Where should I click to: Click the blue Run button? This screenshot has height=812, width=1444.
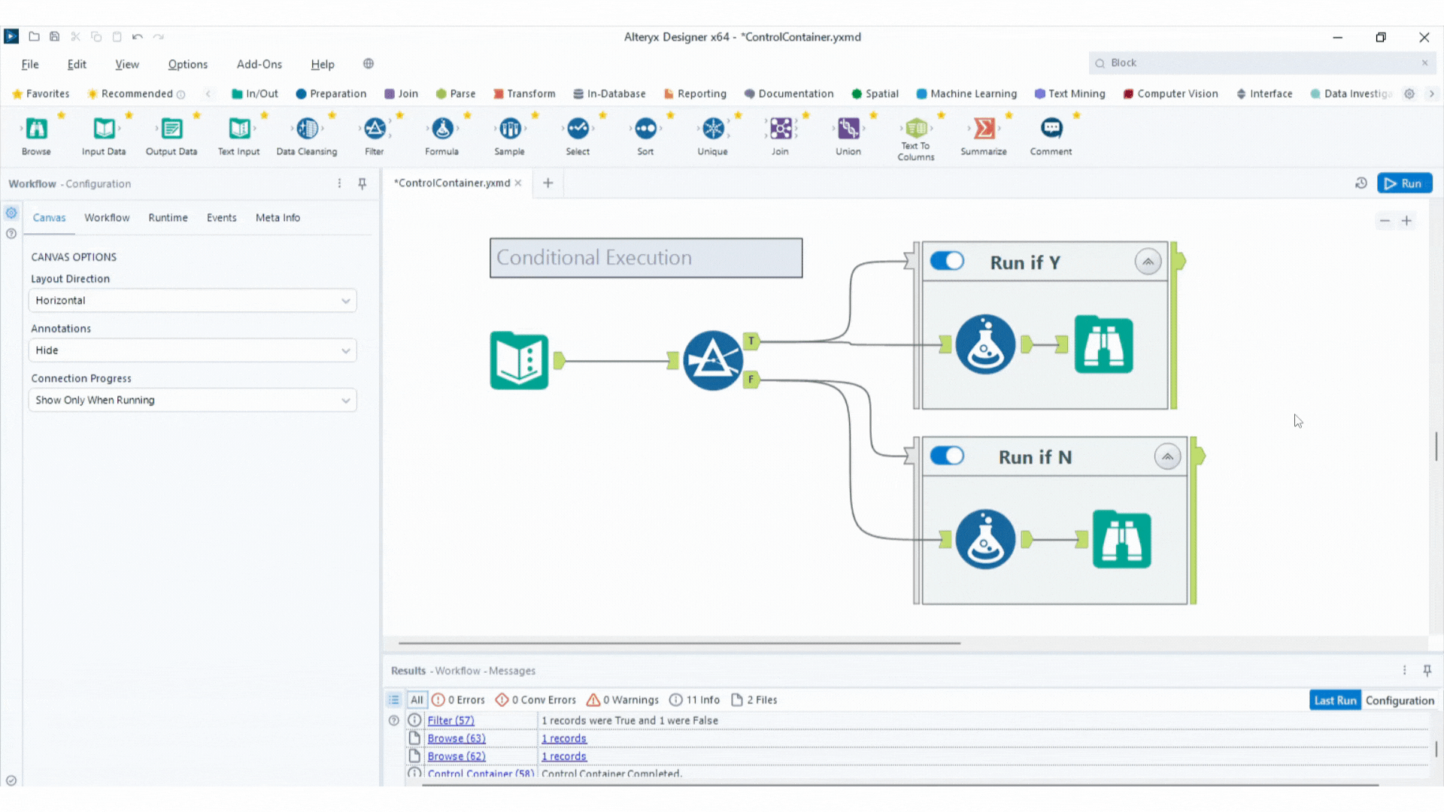pyautogui.click(x=1403, y=183)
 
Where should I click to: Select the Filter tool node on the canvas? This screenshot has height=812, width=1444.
pyautogui.click(x=712, y=361)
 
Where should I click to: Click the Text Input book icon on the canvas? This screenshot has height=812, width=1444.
pyautogui.click(x=519, y=361)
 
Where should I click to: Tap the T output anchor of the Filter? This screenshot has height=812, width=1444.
pyautogui.click(x=751, y=341)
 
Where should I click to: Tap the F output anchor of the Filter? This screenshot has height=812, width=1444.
pyautogui.click(x=751, y=380)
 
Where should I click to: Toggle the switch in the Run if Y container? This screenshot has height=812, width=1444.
pyautogui.click(x=947, y=261)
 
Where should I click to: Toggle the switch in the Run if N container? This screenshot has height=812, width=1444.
pyautogui.click(x=947, y=456)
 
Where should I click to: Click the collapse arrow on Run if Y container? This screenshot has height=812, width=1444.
pyautogui.click(x=1148, y=262)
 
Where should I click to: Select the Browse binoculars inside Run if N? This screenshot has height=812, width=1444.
pyautogui.click(x=1121, y=540)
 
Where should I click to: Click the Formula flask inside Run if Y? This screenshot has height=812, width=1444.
pyautogui.click(x=985, y=345)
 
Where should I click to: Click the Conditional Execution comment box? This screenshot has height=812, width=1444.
pyautogui.click(x=645, y=258)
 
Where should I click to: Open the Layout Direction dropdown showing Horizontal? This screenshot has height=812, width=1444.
pyautogui.click(x=193, y=301)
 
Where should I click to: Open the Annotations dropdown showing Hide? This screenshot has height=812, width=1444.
pyautogui.click(x=193, y=350)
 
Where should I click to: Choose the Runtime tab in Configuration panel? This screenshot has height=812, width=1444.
pyautogui.click(x=168, y=218)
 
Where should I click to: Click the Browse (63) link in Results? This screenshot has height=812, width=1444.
pyautogui.click(x=456, y=738)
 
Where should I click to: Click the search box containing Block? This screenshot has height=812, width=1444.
pyautogui.click(x=1256, y=63)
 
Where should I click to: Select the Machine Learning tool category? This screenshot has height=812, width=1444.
pyautogui.click(x=966, y=94)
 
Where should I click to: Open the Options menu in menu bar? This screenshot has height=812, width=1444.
pyautogui.click(x=187, y=65)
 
